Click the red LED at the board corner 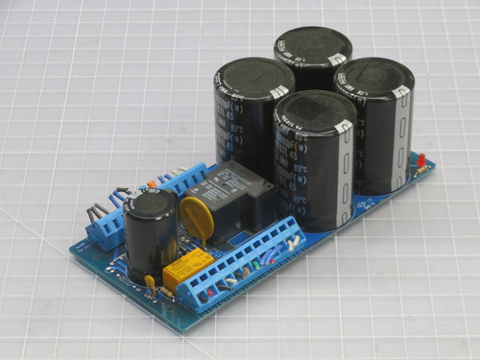pos(420,158)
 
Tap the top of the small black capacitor pos(154,203)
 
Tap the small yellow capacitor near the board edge pos(150,280)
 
